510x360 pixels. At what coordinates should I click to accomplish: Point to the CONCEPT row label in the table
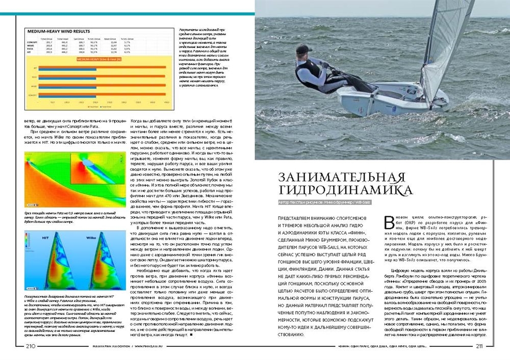32,41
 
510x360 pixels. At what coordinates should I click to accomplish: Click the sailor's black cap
302,49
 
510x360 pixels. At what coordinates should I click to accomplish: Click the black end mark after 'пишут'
191,336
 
